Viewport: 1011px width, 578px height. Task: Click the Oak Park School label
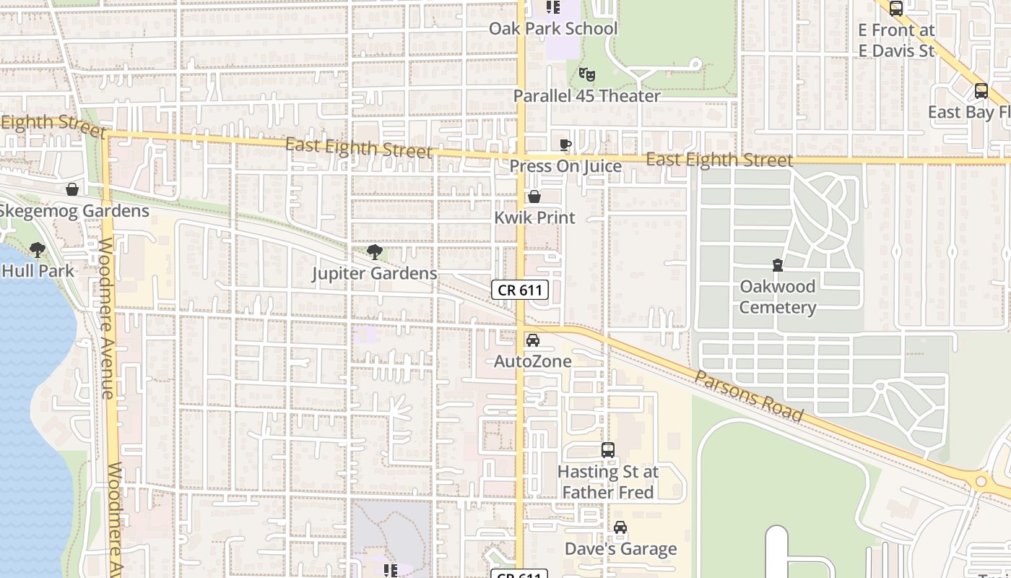pos(553,29)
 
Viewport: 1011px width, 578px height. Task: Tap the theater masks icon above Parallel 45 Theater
pos(586,74)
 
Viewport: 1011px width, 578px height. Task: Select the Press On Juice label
pos(565,166)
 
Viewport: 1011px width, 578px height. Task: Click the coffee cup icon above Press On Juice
pos(565,145)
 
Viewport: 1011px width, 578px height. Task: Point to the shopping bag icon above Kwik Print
pos(534,197)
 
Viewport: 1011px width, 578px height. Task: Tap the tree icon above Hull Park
pos(38,251)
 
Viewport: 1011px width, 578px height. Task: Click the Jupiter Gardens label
pos(375,274)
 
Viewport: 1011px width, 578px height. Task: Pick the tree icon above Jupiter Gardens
pos(375,252)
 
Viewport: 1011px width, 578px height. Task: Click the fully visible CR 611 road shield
pos(521,290)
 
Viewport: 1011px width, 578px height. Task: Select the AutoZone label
pos(533,361)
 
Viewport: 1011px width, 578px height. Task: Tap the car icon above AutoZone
pos(533,340)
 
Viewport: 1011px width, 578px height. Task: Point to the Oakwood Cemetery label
pos(778,297)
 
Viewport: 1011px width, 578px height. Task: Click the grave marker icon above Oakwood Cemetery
pos(778,265)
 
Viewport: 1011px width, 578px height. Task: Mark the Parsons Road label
pos(750,397)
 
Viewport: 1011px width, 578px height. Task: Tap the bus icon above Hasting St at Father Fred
pos(608,450)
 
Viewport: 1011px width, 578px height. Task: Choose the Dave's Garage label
pos(620,549)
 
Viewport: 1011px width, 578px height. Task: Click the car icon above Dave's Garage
pos(620,528)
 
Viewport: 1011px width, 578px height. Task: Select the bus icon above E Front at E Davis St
pos(896,9)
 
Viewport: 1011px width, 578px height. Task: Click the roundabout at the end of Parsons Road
pos(981,480)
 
